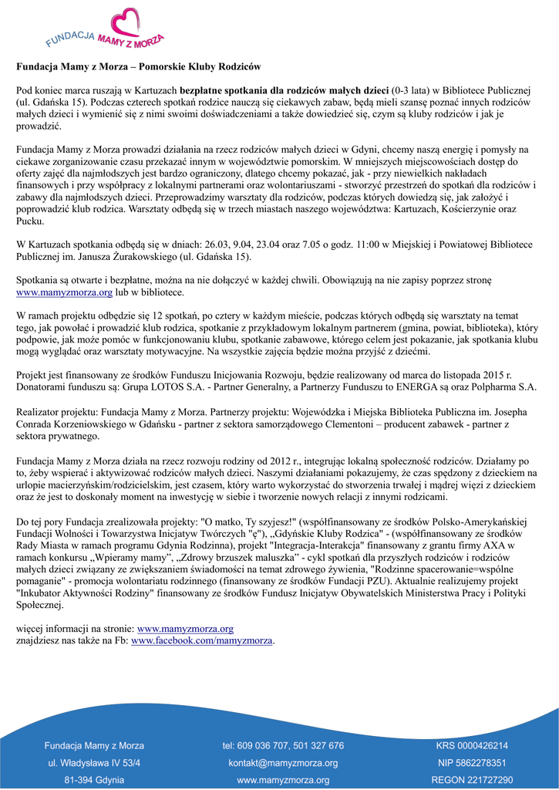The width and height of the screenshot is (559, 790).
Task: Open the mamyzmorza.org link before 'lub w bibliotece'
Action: (65, 293)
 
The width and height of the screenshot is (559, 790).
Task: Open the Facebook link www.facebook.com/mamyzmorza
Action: (203, 640)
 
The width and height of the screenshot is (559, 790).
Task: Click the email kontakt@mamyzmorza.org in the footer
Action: (283, 763)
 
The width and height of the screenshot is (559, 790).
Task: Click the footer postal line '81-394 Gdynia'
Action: (94, 780)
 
